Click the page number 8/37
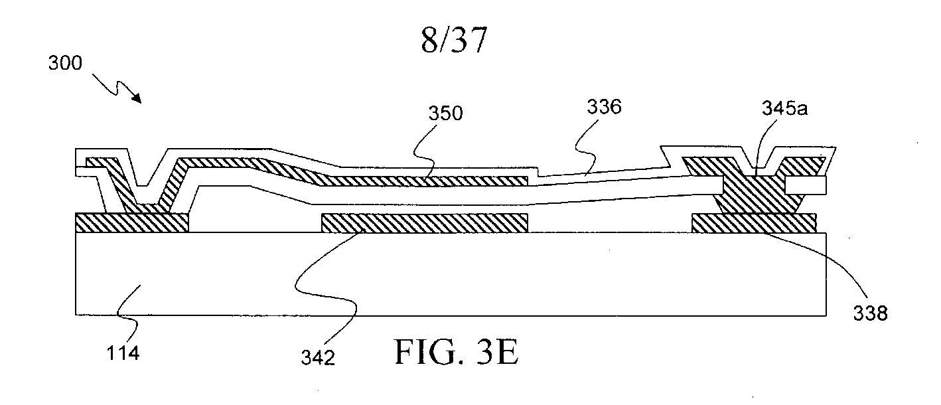pos(454,41)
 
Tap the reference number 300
pos(65,64)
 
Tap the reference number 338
pos(869,313)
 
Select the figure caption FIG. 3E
pos(456,352)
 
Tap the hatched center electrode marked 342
pos(425,223)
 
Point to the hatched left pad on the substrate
pos(133,222)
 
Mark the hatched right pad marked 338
pos(754,223)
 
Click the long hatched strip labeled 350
pos(425,180)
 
